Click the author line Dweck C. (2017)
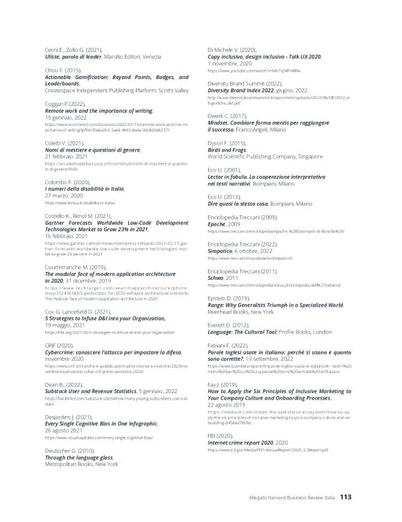[x=227, y=116]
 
